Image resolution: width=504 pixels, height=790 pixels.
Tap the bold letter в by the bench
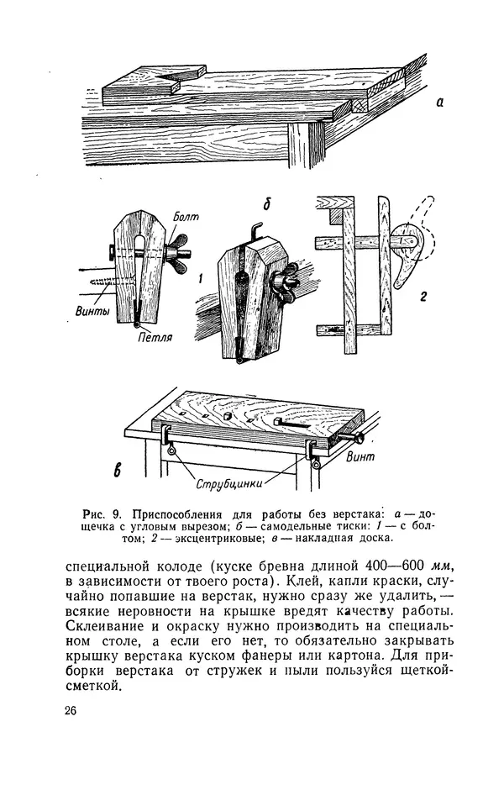point(118,469)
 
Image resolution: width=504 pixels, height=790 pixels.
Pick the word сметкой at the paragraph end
point(92,687)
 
